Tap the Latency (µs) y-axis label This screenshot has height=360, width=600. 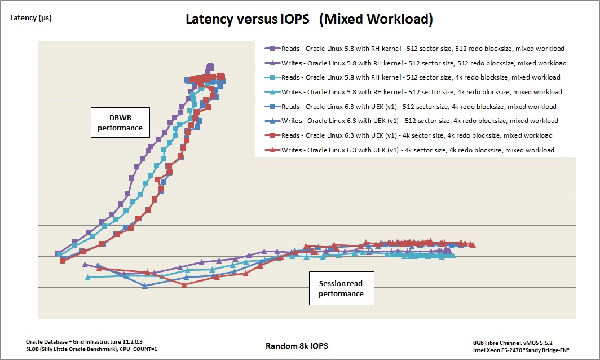point(31,18)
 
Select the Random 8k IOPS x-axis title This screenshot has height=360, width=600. point(297,345)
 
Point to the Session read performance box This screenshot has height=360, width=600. point(341,288)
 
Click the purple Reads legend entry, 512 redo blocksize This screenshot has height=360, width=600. point(416,48)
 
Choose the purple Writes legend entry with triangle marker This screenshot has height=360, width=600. point(416,63)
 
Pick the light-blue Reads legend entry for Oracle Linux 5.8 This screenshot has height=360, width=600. point(416,77)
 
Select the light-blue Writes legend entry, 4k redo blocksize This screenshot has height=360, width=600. point(416,92)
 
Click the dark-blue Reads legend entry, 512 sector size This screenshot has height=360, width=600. point(416,107)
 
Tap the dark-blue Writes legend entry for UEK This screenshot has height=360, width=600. point(416,121)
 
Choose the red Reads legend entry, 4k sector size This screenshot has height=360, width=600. point(416,135)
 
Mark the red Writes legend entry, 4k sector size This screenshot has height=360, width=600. point(416,150)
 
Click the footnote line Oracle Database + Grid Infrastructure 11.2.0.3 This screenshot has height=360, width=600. point(76,341)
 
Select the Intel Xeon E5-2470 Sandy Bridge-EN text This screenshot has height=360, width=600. point(521,350)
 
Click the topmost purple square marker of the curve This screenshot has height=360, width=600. point(210,65)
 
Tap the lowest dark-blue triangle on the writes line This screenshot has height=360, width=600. point(145,286)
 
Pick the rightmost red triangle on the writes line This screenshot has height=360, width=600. point(472,244)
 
